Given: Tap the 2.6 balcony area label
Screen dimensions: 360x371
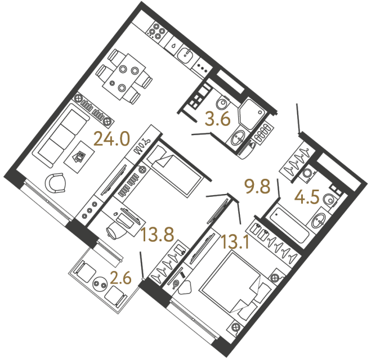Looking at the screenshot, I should [x=122, y=277].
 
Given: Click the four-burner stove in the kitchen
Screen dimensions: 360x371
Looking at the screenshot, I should [x=157, y=33].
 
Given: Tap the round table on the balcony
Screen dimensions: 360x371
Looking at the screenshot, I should [x=102, y=283].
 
